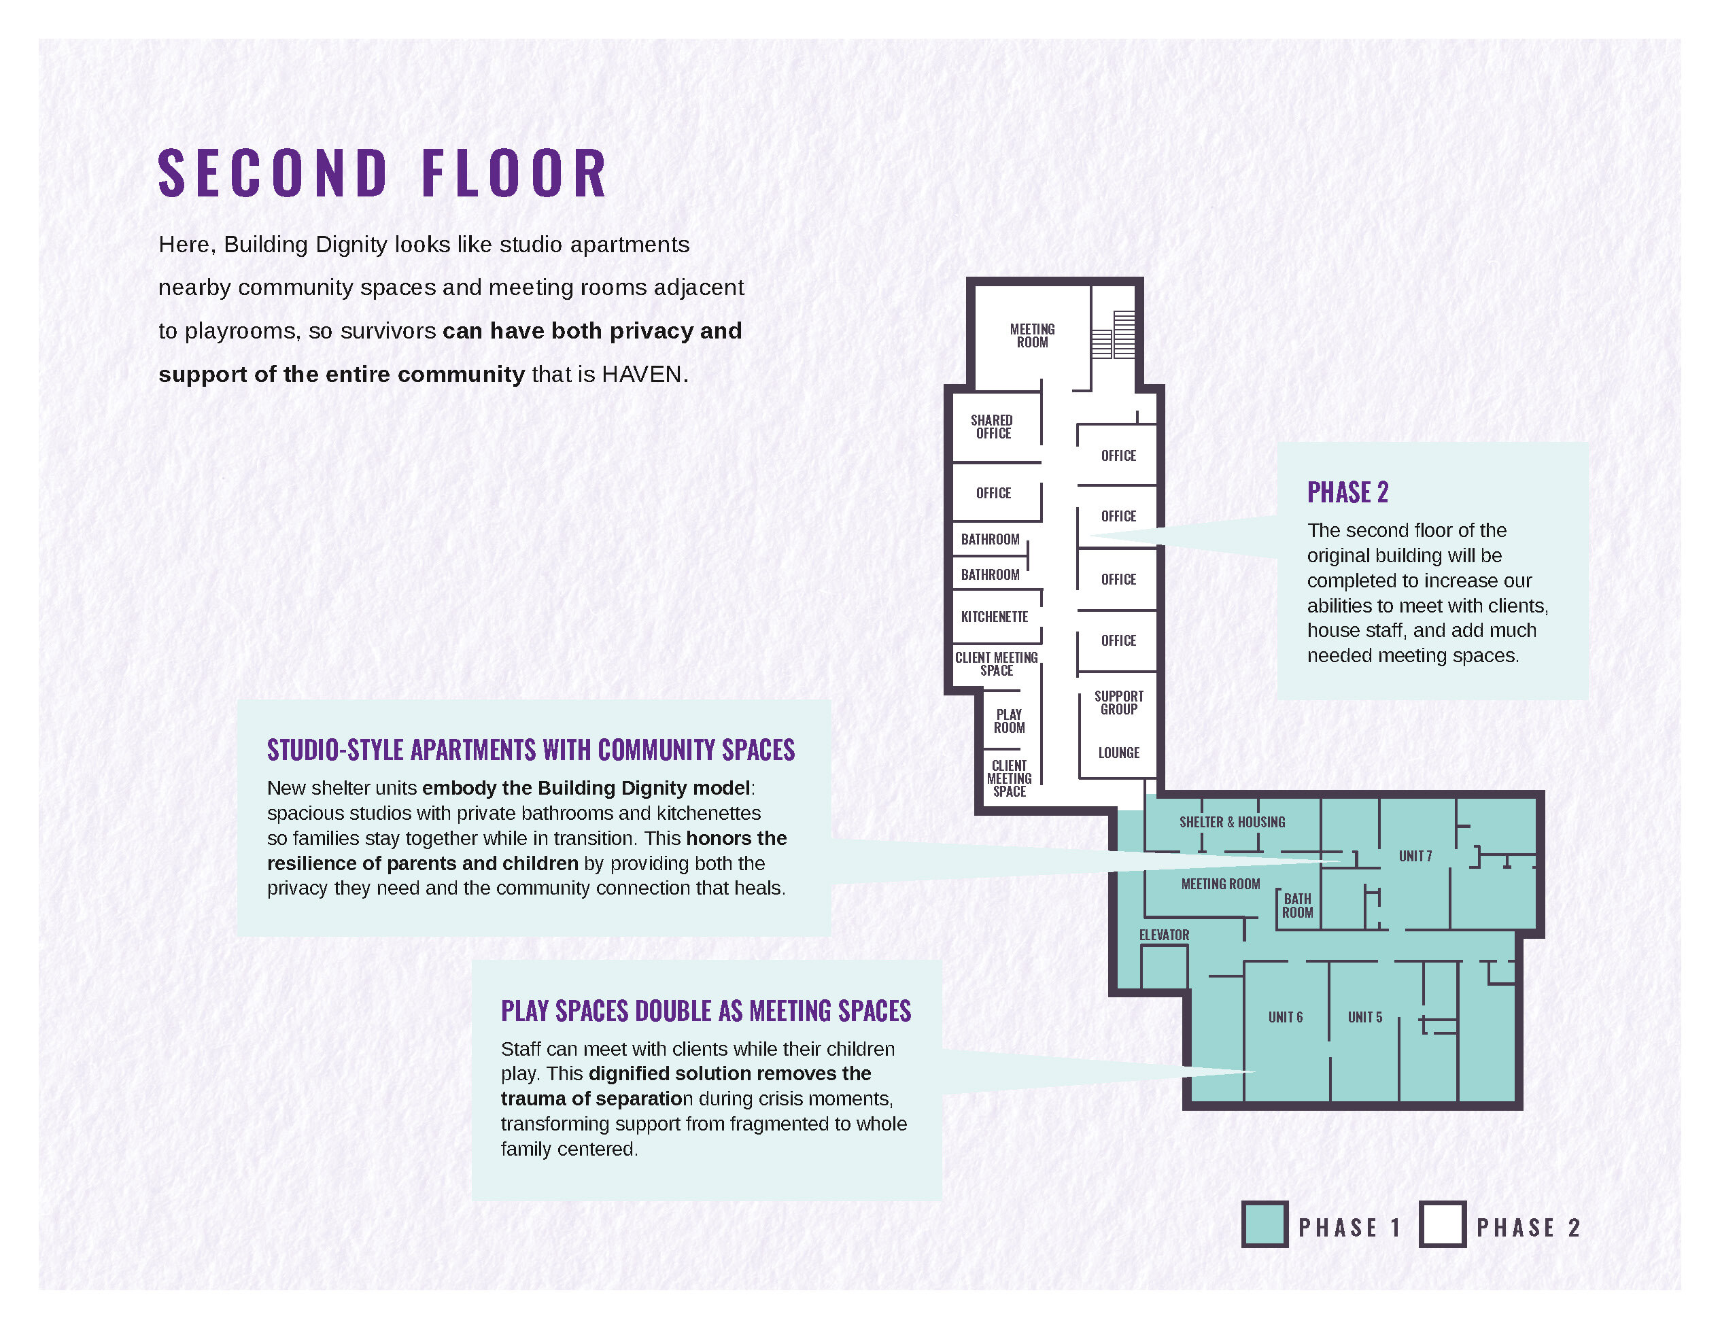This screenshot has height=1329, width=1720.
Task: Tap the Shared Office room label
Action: (993, 427)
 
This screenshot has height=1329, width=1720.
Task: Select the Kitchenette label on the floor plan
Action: (995, 617)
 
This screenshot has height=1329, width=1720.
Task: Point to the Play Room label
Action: (1009, 721)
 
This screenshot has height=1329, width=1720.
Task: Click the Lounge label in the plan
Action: (1119, 753)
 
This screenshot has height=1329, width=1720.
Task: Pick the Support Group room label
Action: (1119, 702)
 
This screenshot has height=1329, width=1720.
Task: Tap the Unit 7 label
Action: (1415, 856)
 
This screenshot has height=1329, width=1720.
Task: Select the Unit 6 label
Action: (1286, 1017)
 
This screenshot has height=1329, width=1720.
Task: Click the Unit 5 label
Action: (1365, 1017)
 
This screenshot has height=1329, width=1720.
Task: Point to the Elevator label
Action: (1164, 935)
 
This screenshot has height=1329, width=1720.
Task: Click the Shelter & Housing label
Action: (1233, 822)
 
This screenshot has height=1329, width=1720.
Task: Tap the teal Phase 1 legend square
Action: (1265, 1224)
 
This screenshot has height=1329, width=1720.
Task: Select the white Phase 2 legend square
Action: (1443, 1224)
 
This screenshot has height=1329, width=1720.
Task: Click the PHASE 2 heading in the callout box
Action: (1347, 492)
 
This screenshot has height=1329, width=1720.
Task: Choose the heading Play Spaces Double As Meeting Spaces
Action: (706, 1011)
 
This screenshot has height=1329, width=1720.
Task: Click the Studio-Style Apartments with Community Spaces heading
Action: (531, 750)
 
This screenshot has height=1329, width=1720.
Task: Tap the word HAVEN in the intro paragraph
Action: (642, 374)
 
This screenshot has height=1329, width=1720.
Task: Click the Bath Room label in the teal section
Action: (1297, 905)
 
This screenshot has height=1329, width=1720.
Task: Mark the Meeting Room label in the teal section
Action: (1221, 884)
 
